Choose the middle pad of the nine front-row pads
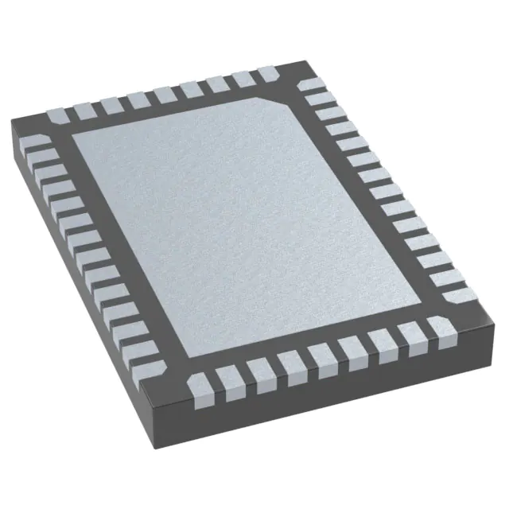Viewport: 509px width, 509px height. pos(323,355)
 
